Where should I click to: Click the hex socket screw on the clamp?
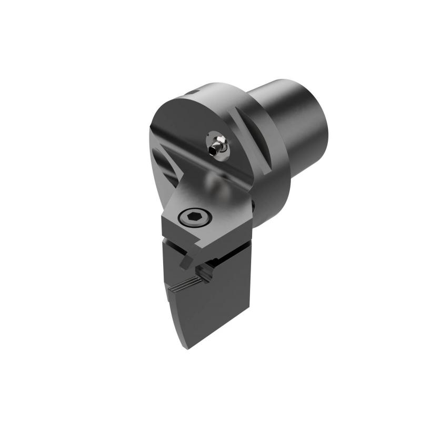(190, 216)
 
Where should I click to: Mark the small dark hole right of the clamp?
(252, 206)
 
